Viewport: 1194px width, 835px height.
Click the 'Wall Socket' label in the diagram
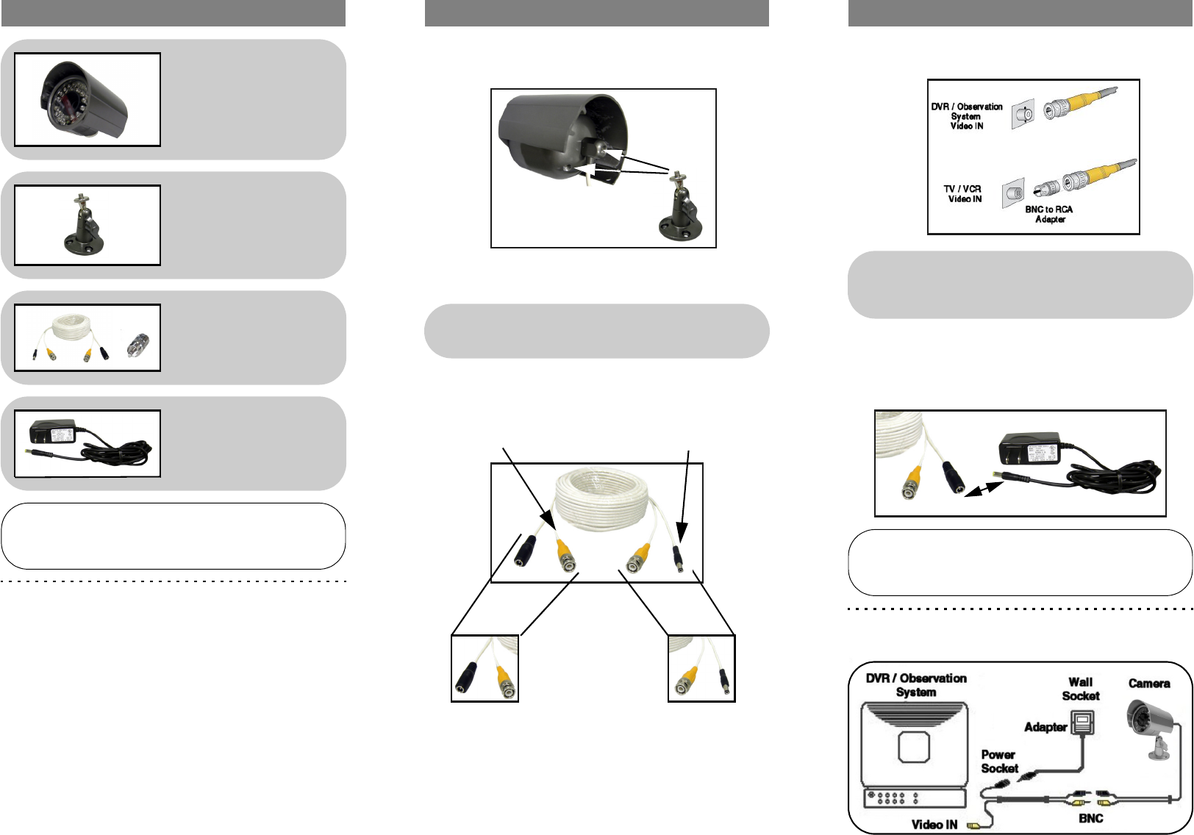pos(1081,689)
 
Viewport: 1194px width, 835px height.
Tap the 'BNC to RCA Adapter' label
pos(1049,214)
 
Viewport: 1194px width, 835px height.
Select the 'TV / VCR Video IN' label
pos(962,194)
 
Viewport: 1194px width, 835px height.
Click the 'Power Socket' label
pos(999,761)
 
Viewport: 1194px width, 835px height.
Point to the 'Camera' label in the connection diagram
pos(1149,684)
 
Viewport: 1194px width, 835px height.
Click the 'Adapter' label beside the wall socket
pos(1045,728)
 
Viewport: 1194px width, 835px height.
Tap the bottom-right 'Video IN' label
pos(934,825)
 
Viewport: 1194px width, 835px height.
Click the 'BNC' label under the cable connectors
pos(1090,818)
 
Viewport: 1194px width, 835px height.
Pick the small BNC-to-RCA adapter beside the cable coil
pos(137,345)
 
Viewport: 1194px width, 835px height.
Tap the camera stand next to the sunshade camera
pos(682,206)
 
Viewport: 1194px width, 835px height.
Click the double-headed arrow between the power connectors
pos(984,489)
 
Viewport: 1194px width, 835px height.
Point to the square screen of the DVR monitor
pos(914,747)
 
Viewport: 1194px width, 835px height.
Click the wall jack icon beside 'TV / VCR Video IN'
pos(1013,193)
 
